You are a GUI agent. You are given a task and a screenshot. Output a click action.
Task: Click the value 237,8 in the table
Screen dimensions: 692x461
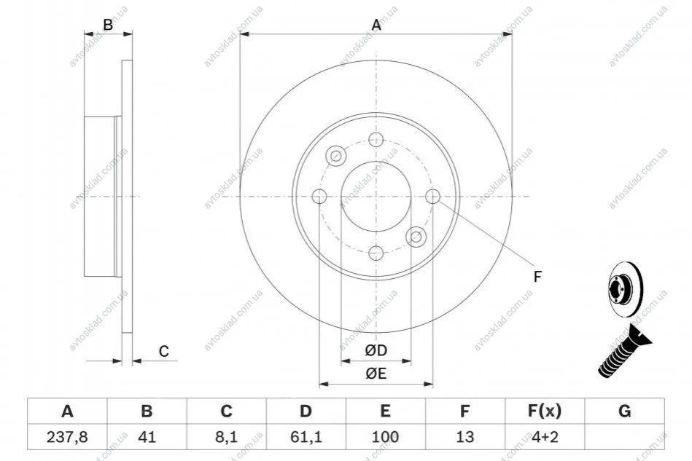pyautogui.click(x=67, y=437)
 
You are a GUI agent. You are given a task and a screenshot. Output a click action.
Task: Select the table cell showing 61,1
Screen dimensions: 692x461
pyautogui.click(x=306, y=437)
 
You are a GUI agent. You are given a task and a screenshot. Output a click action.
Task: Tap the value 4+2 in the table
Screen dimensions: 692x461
pyautogui.click(x=545, y=437)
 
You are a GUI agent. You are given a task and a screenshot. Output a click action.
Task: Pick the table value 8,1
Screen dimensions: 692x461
pyautogui.click(x=226, y=437)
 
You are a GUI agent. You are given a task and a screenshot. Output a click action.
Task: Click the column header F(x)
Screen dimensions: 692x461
pyautogui.click(x=545, y=411)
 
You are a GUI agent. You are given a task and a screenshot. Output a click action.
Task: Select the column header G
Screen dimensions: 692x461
pyautogui.click(x=624, y=411)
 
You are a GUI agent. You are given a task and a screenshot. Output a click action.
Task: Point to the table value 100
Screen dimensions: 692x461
pyautogui.click(x=385, y=437)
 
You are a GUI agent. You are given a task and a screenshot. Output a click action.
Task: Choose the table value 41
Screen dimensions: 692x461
pyautogui.click(x=147, y=437)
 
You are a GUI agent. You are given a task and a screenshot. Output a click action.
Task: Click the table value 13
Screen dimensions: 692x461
pyautogui.click(x=464, y=437)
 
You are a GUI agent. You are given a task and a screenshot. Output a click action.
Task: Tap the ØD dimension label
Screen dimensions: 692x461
pyautogui.click(x=376, y=350)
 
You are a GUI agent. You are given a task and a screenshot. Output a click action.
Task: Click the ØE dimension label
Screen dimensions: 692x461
pyautogui.click(x=376, y=374)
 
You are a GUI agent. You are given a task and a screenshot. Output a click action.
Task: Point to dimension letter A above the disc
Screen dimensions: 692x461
pyautogui.click(x=376, y=25)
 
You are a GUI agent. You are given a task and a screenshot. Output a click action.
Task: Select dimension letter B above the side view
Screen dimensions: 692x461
pyautogui.click(x=108, y=25)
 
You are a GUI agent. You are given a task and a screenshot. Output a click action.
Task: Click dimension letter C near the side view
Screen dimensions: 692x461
pyautogui.click(x=164, y=351)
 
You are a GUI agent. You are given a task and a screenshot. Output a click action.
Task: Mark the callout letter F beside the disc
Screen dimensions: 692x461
pyautogui.click(x=537, y=277)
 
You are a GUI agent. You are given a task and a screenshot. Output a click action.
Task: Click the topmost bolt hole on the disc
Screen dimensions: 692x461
pyautogui.click(x=376, y=139)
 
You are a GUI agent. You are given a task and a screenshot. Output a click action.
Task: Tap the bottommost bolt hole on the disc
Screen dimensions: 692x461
pyautogui.click(x=376, y=253)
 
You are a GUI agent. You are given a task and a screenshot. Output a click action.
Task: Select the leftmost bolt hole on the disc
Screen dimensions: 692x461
pyautogui.click(x=319, y=196)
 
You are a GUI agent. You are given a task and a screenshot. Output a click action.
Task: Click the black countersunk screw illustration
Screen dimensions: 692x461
pyautogui.click(x=625, y=350)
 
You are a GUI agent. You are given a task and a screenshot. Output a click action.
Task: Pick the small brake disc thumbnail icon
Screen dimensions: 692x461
pyautogui.click(x=626, y=289)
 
